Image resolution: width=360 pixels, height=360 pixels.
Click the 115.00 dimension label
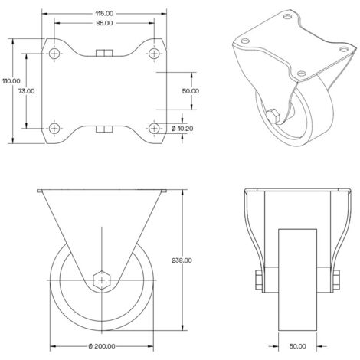104,13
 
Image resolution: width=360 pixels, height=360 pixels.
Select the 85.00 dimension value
104,23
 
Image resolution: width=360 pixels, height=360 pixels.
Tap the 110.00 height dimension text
11,81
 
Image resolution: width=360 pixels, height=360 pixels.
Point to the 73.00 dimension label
27,91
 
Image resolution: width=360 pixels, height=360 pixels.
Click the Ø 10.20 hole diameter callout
182,129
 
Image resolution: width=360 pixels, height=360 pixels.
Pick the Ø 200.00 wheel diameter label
102,346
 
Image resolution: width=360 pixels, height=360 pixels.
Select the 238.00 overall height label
182,260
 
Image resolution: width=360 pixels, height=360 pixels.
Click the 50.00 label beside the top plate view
191,91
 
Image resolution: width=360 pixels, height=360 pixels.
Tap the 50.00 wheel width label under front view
298,346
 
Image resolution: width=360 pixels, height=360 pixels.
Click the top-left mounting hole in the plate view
54,54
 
